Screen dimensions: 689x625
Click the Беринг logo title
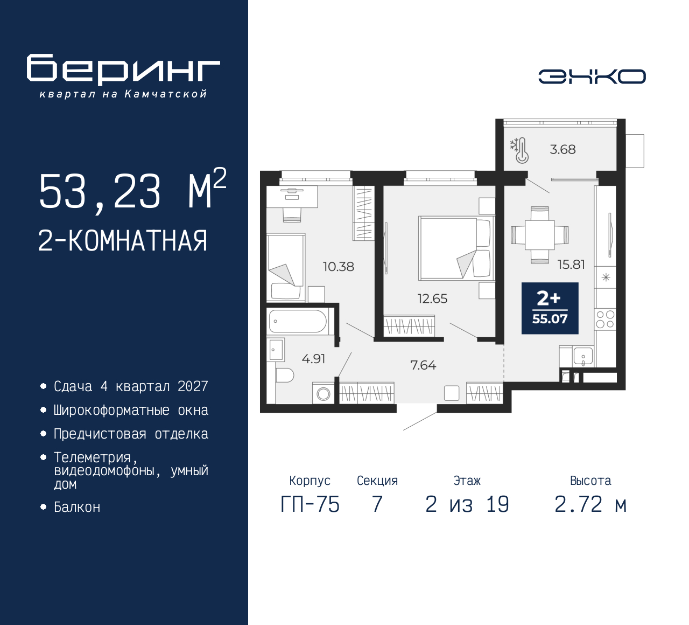click(123, 70)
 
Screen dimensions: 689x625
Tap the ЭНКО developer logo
click(592, 77)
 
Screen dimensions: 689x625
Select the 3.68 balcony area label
click(563, 150)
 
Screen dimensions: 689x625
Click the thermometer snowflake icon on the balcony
click(519, 150)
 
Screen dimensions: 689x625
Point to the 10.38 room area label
click(339, 266)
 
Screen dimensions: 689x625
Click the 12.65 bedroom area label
click(432, 298)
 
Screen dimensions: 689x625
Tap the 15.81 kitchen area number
click(571, 265)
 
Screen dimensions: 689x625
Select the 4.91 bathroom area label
click(313, 359)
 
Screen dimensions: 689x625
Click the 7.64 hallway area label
click(423, 365)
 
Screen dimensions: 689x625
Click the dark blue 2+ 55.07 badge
click(550, 308)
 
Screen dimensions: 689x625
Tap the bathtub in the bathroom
click(298, 321)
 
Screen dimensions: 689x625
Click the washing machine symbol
click(323, 393)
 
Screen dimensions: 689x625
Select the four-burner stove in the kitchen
click(605, 319)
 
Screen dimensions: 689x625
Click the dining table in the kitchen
click(539, 235)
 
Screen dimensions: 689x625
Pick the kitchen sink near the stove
click(582, 356)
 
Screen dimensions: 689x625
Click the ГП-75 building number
click(310, 505)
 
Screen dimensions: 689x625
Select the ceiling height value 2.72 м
click(590, 505)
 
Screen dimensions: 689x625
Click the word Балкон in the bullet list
click(77, 508)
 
